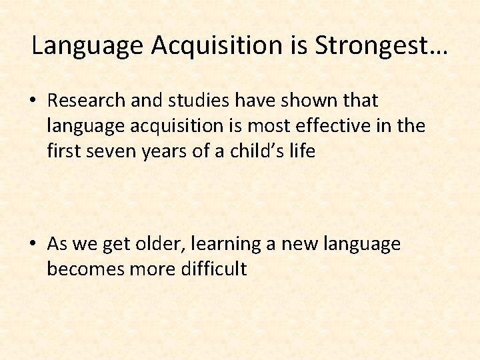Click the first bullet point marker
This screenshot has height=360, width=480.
click(x=33, y=101)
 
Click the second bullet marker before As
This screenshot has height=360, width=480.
click(x=33, y=245)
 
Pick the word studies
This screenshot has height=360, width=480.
click(x=195, y=101)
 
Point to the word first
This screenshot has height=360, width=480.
click(x=62, y=151)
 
